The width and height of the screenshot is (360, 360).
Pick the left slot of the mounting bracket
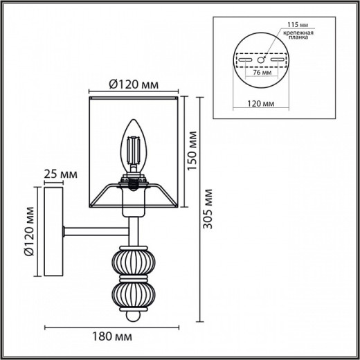click(x=245, y=60)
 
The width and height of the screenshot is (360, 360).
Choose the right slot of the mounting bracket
click(x=278, y=60)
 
